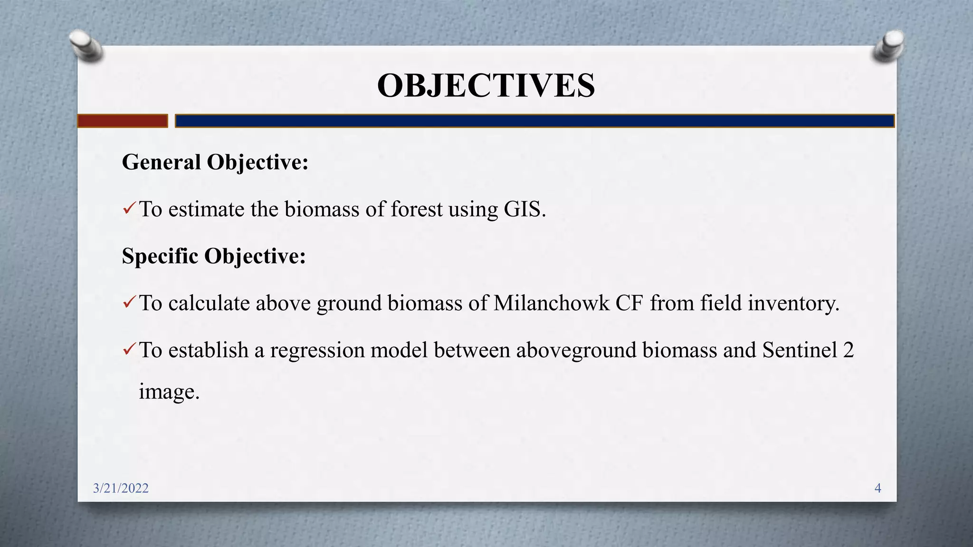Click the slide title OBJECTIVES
(486, 86)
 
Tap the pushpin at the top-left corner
(86, 46)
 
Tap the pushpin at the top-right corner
(889, 46)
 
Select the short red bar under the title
(123, 121)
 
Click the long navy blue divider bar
(534, 121)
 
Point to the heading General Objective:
(215, 162)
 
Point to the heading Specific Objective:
(214, 256)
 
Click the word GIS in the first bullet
(522, 209)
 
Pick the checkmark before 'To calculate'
(129, 302)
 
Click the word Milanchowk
(551, 303)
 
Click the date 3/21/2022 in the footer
(121, 488)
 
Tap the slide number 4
(878, 488)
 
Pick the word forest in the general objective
(416, 209)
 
